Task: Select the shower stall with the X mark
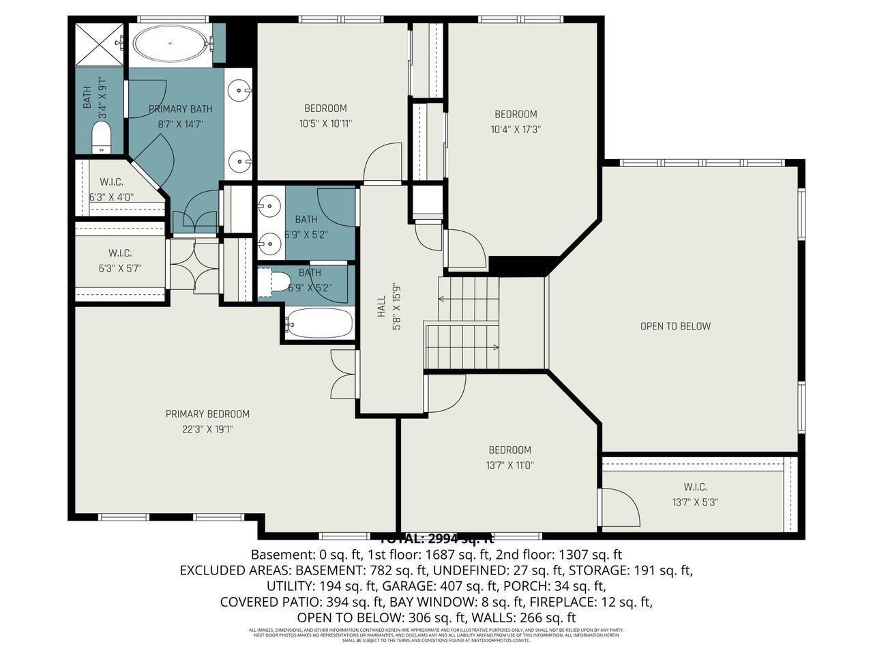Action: pos(98,44)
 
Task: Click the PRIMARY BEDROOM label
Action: pos(207,414)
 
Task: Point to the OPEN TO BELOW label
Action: pos(675,326)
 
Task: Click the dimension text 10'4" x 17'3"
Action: pos(516,129)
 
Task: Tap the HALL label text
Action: pos(382,310)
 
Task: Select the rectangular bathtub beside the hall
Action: pos(319,324)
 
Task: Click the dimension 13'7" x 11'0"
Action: pos(509,465)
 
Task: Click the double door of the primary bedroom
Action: pos(342,375)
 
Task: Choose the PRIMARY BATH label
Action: pos(181,108)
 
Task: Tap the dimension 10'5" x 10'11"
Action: pos(325,123)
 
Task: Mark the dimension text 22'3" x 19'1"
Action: pos(207,429)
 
